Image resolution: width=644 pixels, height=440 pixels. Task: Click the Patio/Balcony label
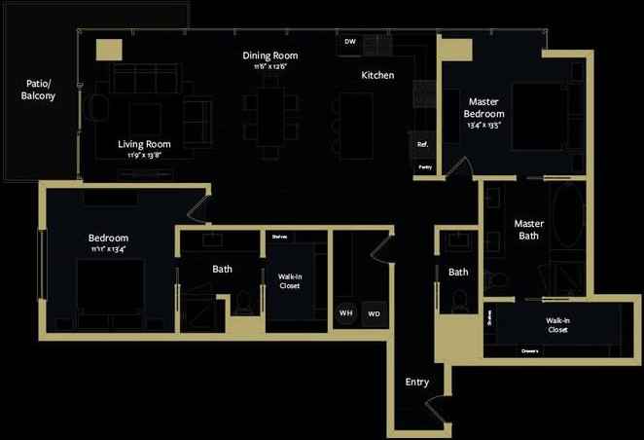pos(39,91)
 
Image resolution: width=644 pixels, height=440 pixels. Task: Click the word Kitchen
pos(377,75)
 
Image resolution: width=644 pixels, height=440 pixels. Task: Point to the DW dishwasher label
pos(350,42)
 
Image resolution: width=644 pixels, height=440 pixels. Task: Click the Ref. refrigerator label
pos(423,144)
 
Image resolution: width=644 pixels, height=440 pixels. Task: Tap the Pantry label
pos(424,166)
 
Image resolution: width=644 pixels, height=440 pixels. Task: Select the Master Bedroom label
pos(485,107)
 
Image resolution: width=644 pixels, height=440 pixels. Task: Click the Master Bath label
pos(528,230)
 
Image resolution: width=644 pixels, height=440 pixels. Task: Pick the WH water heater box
pos(345,313)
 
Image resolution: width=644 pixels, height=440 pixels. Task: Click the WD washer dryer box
pos(375,313)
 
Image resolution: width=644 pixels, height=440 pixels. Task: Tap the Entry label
pos(416,382)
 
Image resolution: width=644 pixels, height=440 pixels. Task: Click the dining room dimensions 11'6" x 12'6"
pos(269,67)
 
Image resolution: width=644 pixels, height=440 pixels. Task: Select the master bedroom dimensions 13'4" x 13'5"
pos(485,125)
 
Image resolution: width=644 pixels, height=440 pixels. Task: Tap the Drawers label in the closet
pos(529,350)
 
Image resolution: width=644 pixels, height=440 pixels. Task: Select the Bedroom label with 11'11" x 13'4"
pos(108,238)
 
